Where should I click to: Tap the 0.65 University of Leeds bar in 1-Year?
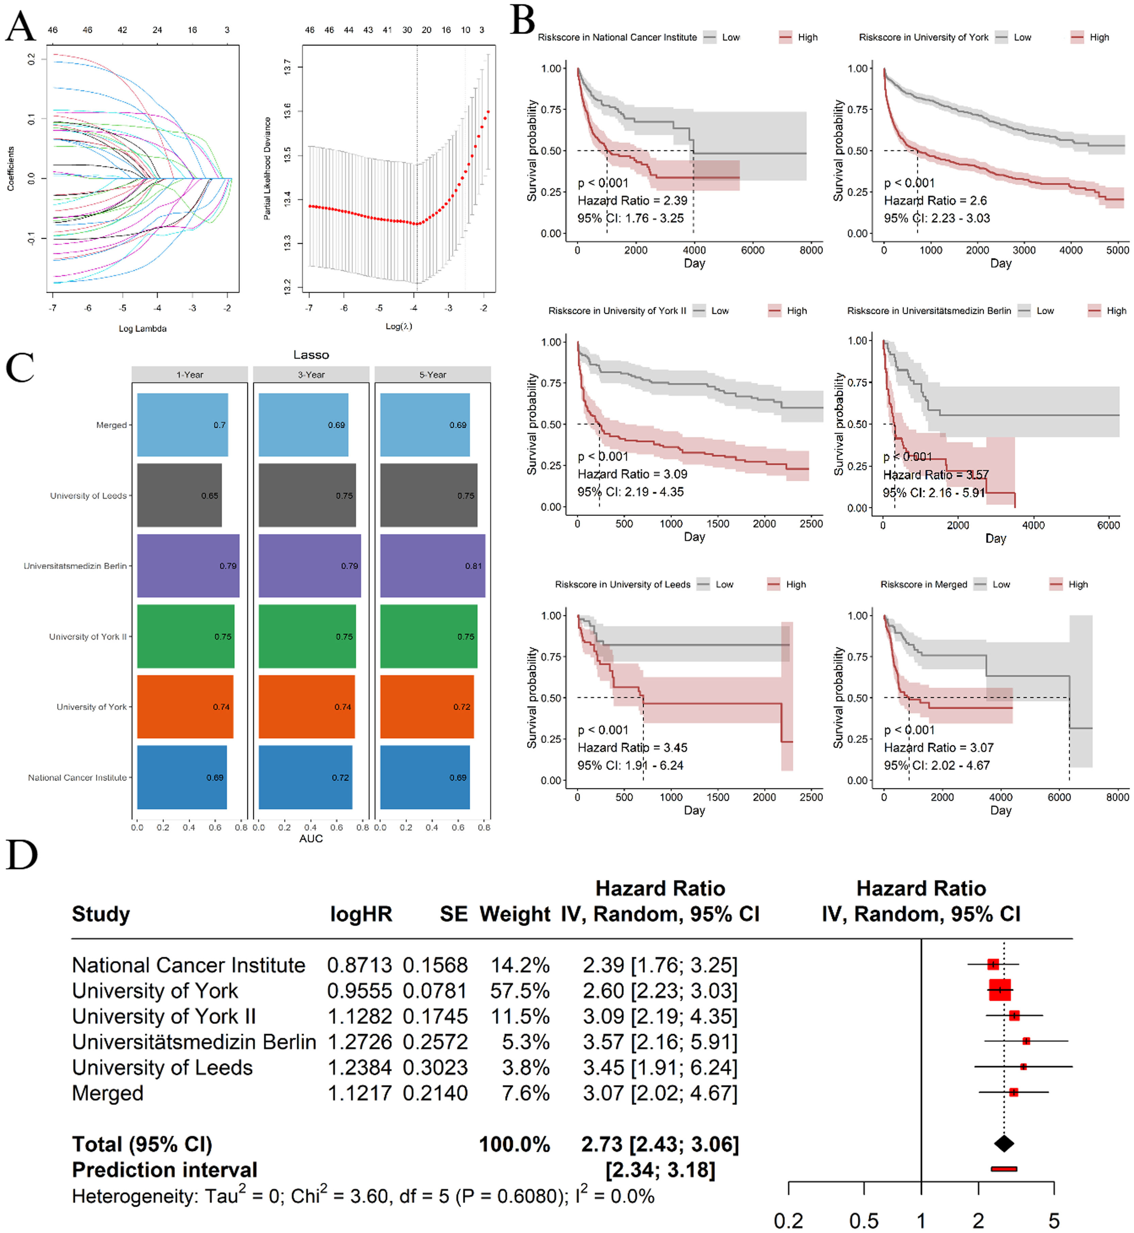(x=179, y=495)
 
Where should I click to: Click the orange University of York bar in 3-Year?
(x=306, y=707)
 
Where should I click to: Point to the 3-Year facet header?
(x=311, y=374)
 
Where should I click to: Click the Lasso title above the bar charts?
(x=311, y=355)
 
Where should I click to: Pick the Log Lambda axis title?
(x=142, y=328)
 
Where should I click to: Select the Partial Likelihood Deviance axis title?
(x=267, y=169)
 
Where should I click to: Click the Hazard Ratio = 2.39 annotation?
(x=632, y=201)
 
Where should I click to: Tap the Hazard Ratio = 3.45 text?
(x=632, y=748)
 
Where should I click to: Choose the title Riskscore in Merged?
(x=923, y=584)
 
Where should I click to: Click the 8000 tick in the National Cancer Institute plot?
(x=811, y=250)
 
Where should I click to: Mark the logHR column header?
(x=361, y=914)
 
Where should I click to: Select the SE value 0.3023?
(x=435, y=1067)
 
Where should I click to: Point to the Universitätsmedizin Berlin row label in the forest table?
(x=194, y=1041)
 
